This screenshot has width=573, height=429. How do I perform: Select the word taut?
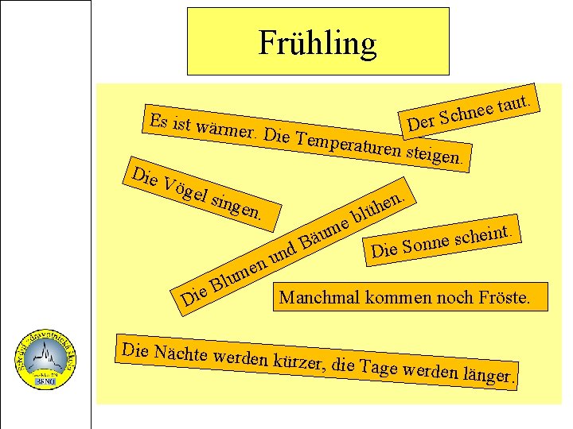(520, 102)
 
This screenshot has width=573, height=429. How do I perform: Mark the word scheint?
(488, 233)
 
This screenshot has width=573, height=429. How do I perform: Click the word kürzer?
(296, 362)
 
